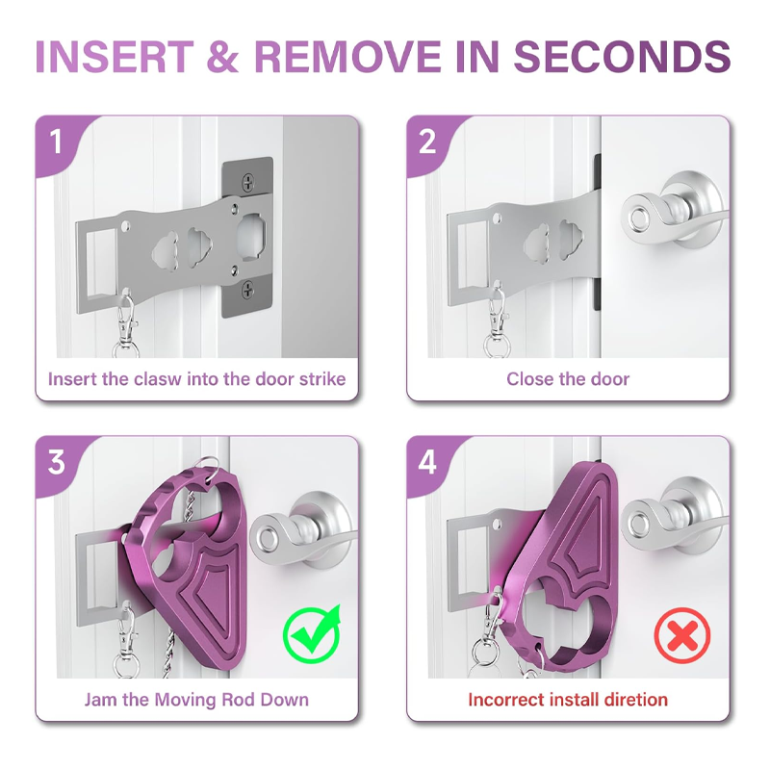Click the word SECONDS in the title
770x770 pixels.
pyautogui.click(x=622, y=57)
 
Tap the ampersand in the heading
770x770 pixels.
pyautogui.click(x=222, y=57)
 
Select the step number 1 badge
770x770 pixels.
pyautogui.click(x=56, y=141)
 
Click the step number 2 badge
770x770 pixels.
pyautogui.click(x=427, y=141)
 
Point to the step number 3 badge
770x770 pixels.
pyautogui.click(x=56, y=462)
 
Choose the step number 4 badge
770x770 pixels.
pyautogui.click(x=427, y=462)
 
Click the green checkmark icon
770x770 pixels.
pyautogui.click(x=313, y=634)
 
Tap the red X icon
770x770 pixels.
pyautogui.click(x=682, y=636)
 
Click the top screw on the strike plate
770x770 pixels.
pyautogui.click(x=249, y=183)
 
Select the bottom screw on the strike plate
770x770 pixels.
pyautogui.click(x=248, y=291)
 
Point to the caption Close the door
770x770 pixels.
pyautogui.click(x=568, y=379)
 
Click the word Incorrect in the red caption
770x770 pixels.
pyautogui.click(x=506, y=700)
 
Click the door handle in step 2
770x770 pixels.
pyautogui.click(x=676, y=212)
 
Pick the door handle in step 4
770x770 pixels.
pyautogui.click(x=676, y=521)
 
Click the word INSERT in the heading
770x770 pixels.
pyautogui.click(x=115, y=57)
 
